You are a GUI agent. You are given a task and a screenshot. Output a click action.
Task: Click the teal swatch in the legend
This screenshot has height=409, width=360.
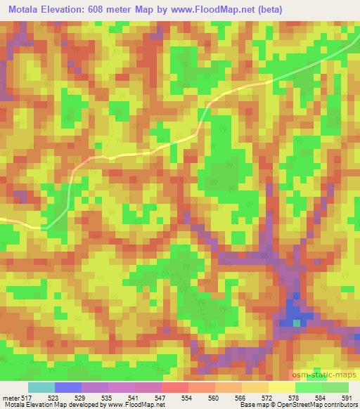(x=41, y=387)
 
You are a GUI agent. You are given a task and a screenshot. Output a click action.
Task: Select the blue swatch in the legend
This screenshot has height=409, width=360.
(x=67, y=387)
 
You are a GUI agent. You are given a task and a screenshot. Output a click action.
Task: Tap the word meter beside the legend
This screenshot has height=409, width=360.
(x=8, y=398)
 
